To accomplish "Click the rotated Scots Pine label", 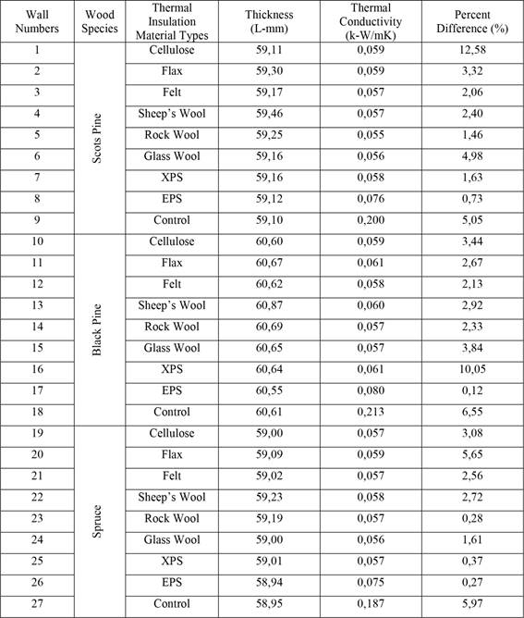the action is tap(99, 134).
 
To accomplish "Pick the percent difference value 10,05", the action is tap(471, 369).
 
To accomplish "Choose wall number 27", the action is tap(38, 604).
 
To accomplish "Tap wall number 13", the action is tap(38, 305).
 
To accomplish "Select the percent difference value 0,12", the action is tap(471, 390).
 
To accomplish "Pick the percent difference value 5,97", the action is tap(471, 604).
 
